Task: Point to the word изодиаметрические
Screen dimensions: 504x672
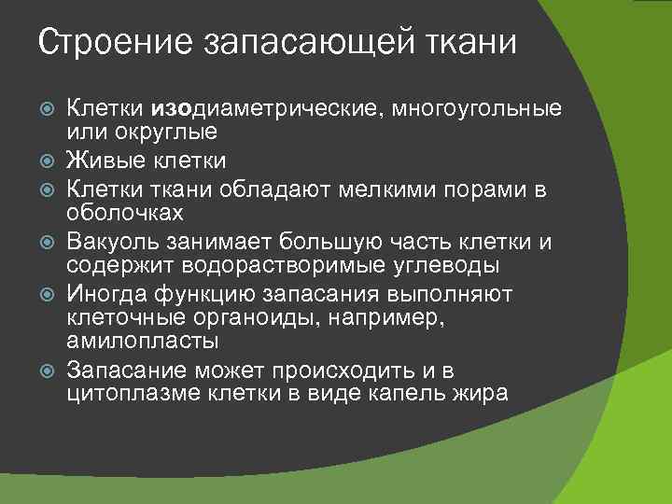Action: coord(261,110)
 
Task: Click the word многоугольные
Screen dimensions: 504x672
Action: coord(477,110)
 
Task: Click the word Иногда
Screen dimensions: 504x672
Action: coord(102,293)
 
